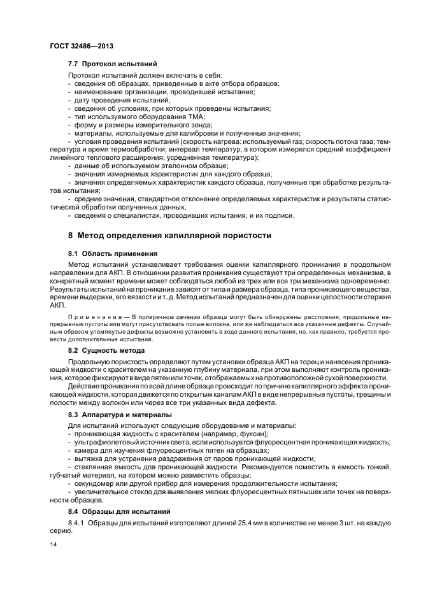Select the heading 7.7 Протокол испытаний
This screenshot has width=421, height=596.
(x=112, y=64)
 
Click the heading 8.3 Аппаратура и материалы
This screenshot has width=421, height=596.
(x=121, y=416)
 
